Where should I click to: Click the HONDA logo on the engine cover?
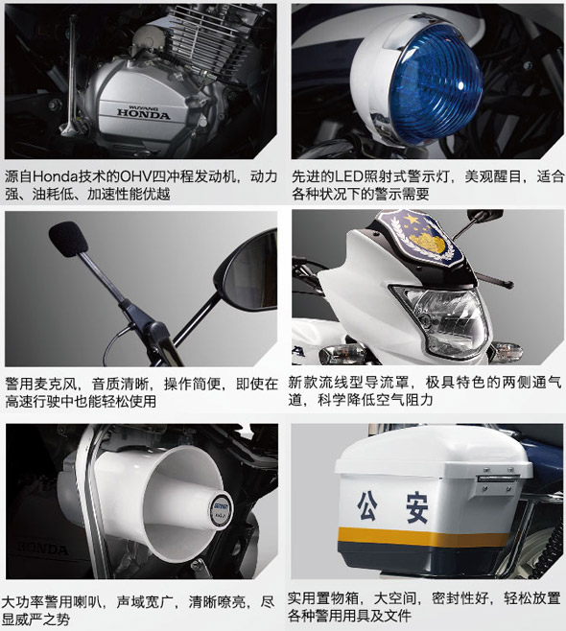(144, 114)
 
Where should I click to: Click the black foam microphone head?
(68, 239)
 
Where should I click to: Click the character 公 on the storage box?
(367, 506)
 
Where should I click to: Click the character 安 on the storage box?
(417, 508)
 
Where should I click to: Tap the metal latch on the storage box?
(498, 479)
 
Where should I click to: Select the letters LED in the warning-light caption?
(349, 176)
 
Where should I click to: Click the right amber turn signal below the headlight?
(508, 350)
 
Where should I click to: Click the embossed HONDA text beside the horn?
(42, 549)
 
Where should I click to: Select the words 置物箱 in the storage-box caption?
(339, 598)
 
